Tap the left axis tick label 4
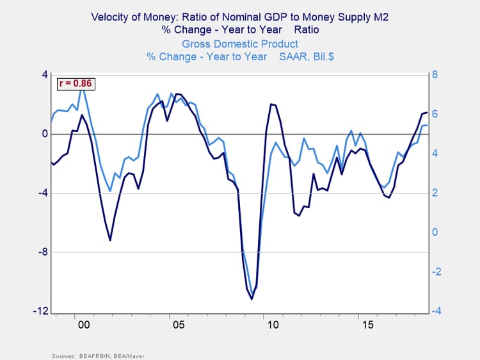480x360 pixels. point(45,75)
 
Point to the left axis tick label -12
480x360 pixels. point(41,311)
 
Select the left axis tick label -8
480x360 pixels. point(43,252)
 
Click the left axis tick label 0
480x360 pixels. point(45,134)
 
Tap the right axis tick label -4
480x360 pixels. point(437,311)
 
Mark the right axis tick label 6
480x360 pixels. point(435,114)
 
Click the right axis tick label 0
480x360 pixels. point(435,233)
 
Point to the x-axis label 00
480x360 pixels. point(83,325)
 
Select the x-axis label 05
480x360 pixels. point(178,325)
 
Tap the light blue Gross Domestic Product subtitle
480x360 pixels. point(240,44)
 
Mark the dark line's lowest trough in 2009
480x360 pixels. point(252,299)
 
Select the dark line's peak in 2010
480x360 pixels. point(271,104)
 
